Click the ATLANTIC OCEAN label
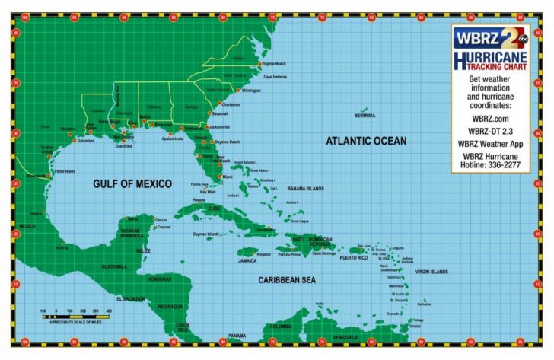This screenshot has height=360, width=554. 366,141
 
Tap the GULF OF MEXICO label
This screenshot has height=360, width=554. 132,183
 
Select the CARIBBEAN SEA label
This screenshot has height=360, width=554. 287,279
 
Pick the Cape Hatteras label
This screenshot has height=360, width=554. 275,77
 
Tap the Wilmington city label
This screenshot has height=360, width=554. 251,90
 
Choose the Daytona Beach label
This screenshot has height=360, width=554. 227,142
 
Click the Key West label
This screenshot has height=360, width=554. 207,192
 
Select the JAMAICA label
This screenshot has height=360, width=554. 247,260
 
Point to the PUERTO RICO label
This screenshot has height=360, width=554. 353,258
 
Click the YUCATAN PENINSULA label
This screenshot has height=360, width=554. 135,234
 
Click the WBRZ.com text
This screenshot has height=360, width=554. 490,119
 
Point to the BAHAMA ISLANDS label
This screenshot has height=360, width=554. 305,189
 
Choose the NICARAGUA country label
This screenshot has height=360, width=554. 170,307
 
